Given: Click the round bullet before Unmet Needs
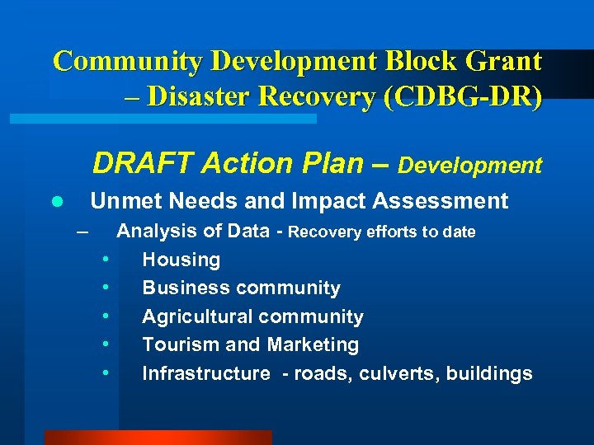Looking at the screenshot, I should pos(56,202).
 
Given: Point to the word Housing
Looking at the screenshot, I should pos(181,260).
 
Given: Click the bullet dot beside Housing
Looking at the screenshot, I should pos(106,260).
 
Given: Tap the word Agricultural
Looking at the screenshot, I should pos(196,317).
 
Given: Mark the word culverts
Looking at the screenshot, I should pos(399,373).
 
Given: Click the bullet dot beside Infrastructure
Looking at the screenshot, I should pos(106,372).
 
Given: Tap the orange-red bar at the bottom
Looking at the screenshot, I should pos(158,438).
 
